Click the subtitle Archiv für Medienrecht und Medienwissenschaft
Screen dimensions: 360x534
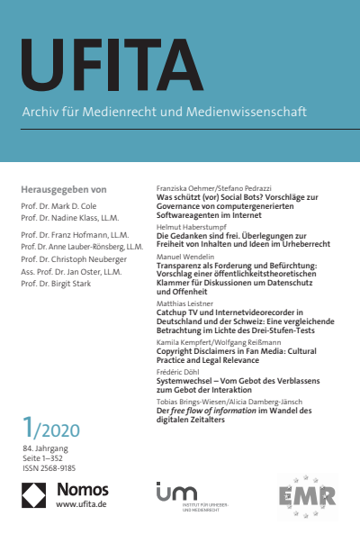click(165, 113)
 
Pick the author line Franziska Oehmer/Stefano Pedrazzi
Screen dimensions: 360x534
click(208, 187)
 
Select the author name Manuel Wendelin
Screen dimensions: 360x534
click(184, 257)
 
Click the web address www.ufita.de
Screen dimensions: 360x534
click(79, 504)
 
